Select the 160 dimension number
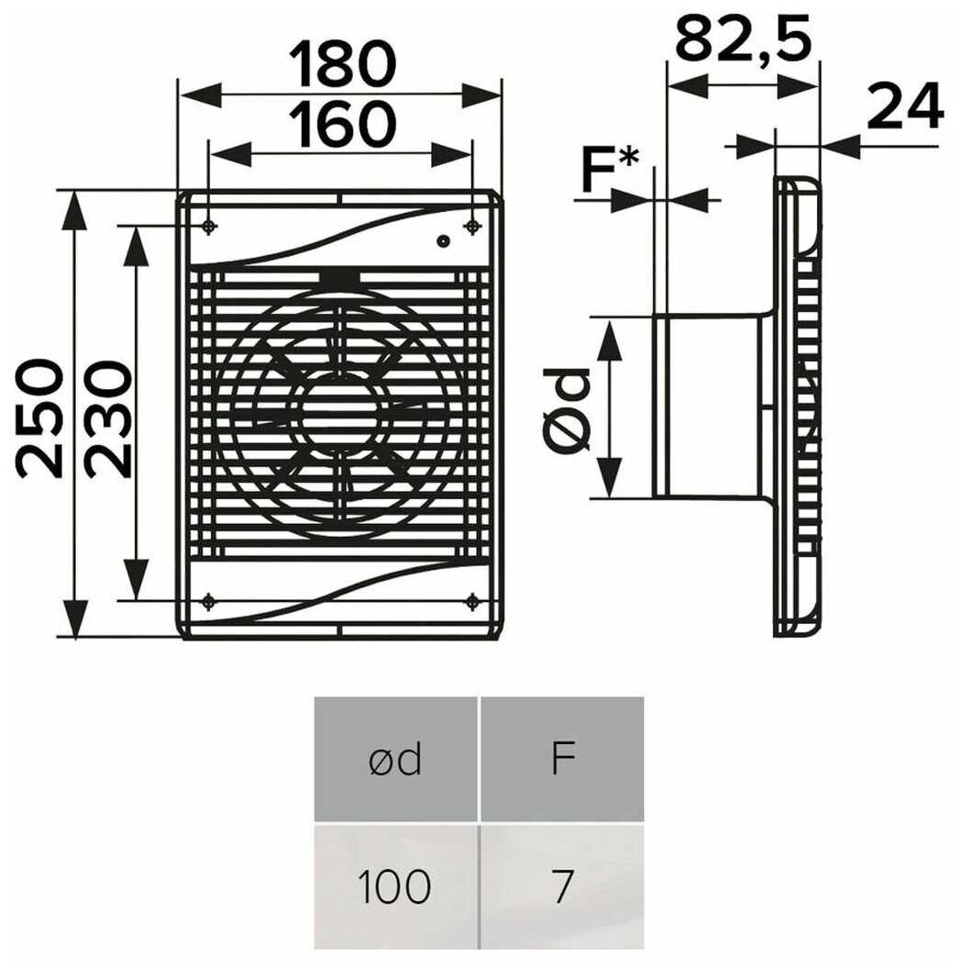point(341,126)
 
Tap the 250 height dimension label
point(40,418)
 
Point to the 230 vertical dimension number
point(108,418)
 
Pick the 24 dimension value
point(904,107)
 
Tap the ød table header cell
point(395,760)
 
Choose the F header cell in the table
point(562,760)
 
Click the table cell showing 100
point(395,886)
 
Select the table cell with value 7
point(562,886)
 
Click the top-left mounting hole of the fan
point(210,226)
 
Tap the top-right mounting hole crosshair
point(472,226)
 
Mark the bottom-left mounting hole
point(210,601)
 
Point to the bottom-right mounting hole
point(472,601)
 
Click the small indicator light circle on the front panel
point(443,241)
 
